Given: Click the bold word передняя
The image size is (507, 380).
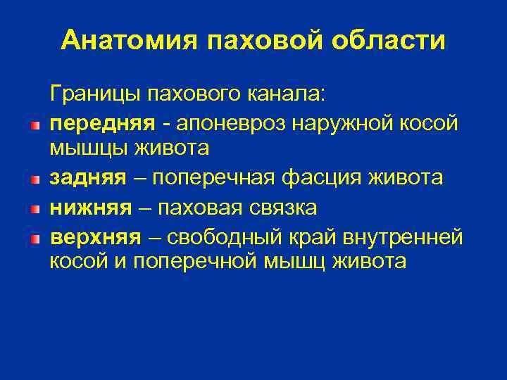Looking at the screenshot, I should click(x=102, y=122).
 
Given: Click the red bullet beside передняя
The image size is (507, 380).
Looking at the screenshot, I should click(x=35, y=125).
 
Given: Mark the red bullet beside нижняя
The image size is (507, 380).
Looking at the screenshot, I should click(x=35, y=210).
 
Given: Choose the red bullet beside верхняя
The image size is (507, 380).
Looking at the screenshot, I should click(x=35, y=239).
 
